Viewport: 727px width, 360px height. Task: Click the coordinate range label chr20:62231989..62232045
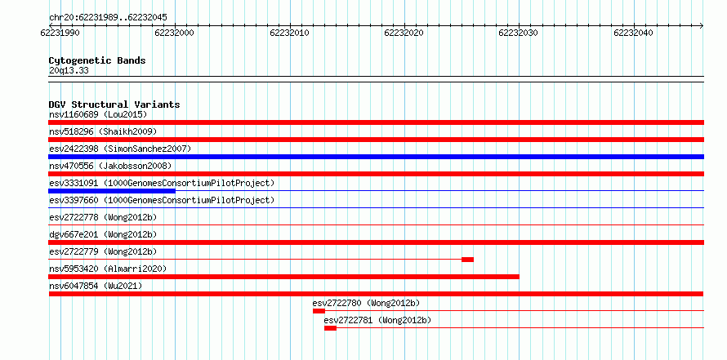pos(108,18)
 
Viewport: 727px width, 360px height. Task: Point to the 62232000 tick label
pos(174,33)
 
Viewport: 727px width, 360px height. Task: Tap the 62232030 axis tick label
pos(519,33)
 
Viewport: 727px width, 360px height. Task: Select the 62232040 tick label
pos(633,33)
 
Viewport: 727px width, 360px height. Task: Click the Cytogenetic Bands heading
pos(97,60)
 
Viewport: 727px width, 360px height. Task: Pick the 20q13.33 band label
pos(69,71)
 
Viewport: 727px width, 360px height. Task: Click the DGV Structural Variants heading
pos(114,104)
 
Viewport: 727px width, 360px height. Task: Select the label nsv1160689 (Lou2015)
pos(98,114)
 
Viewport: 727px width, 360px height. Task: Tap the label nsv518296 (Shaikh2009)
pos(103,131)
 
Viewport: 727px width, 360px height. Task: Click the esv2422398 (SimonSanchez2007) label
pos(120,149)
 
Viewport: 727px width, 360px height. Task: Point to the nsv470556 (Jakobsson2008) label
pos(110,166)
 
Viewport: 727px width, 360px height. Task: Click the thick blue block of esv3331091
pos(112,191)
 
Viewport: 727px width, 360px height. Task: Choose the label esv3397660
pos(74,200)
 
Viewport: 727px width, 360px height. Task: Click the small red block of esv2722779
pos(467,260)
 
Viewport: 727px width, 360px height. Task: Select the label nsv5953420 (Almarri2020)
pos(108,269)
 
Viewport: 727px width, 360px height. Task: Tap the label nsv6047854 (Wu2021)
pos(96,286)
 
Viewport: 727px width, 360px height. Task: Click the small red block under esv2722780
pos(319,311)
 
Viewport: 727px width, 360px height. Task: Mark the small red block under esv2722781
pos(330,328)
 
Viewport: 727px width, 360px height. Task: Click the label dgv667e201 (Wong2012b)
pos(103,234)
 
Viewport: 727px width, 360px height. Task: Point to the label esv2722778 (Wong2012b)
pos(103,217)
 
